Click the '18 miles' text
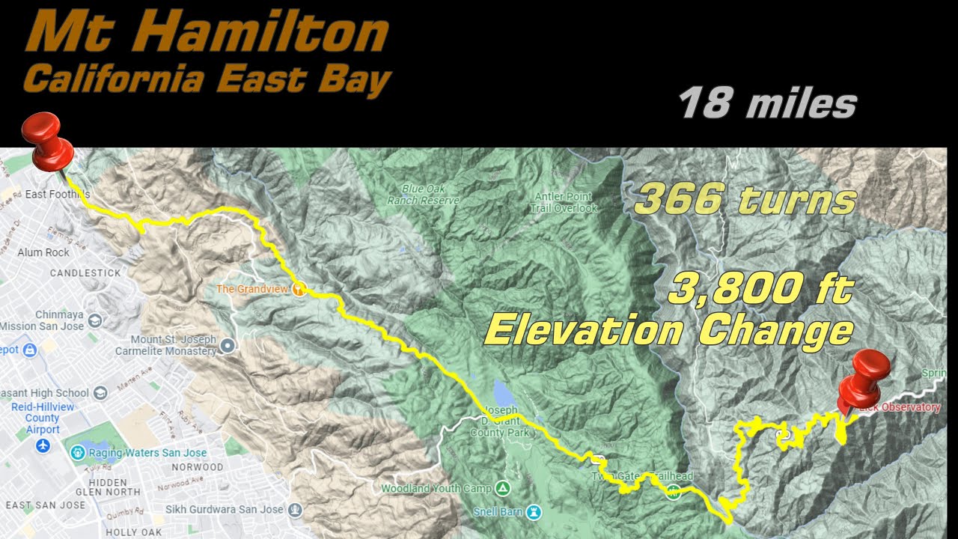click(x=767, y=103)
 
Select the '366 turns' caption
click(x=745, y=200)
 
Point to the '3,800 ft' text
click(x=760, y=289)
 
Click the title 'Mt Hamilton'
click(x=207, y=34)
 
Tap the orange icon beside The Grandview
click(x=299, y=288)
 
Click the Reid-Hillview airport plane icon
click(x=43, y=446)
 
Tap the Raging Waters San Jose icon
click(x=77, y=452)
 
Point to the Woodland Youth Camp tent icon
click(x=503, y=489)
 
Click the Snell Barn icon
click(x=533, y=512)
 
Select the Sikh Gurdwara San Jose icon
click(x=296, y=510)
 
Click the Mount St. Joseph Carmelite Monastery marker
click(x=228, y=345)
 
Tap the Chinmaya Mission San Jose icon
click(x=95, y=320)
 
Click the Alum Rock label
click(x=43, y=252)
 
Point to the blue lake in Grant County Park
click(x=501, y=394)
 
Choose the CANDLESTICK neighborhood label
click(x=85, y=272)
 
